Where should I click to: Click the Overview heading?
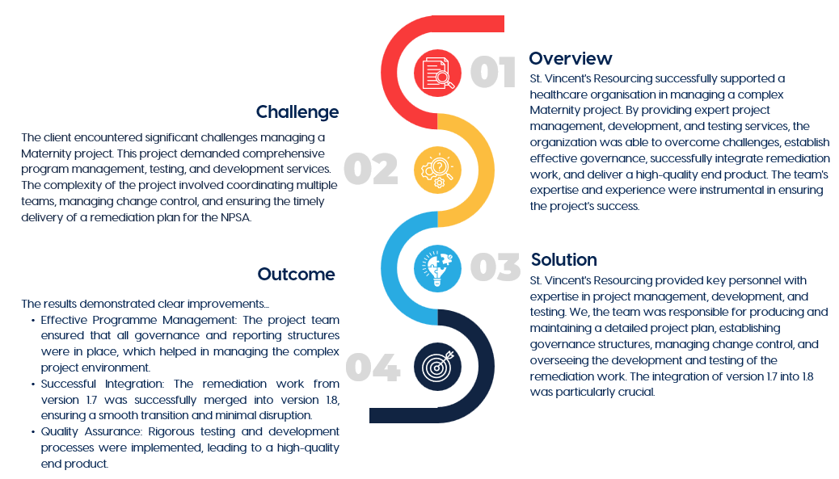[571, 58]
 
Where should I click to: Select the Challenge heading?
[297, 112]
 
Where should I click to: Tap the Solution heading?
[564, 260]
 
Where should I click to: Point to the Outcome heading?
[297, 275]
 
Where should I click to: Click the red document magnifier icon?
[438, 74]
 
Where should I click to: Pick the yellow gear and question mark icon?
[438, 170]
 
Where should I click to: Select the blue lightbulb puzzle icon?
[438, 268]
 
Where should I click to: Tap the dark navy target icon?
[438, 367]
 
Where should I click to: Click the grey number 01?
[493, 72]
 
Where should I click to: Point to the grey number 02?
[371, 169]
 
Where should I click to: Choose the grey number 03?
[495, 267]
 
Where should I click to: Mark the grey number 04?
[373, 368]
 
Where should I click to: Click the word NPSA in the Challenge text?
[236, 217]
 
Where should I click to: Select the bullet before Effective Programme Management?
[33, 321]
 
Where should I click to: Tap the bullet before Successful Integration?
[33, 384]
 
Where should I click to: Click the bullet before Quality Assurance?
[33, 432]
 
